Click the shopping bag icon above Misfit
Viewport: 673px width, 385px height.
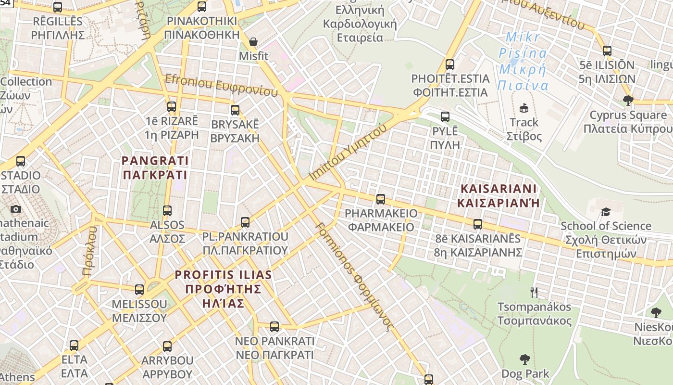[253, 42]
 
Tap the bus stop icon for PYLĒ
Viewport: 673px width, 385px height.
[445, 116]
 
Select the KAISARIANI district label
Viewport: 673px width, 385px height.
[499, 195]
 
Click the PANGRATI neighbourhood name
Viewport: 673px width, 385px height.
[155, 167]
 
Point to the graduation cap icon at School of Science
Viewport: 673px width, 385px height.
[606, 212]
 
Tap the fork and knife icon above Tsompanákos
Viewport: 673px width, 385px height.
[534, 292]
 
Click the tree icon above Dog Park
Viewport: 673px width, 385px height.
[525, 359]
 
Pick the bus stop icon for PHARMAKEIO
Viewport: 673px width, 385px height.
[381, 199]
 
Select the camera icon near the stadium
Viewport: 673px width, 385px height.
[16, 209]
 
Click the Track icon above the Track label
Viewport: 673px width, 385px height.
[524, 108]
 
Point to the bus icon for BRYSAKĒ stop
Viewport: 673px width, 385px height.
[235, 110]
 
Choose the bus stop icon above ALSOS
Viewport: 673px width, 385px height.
[167, 210]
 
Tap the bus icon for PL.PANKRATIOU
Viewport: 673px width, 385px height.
[245, 222]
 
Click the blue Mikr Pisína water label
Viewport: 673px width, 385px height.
[523, 61]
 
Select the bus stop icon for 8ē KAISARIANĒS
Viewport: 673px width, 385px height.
[478, 224]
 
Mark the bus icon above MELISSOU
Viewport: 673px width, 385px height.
[139, 290]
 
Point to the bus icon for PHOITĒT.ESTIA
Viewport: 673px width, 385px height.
[450, 64]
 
